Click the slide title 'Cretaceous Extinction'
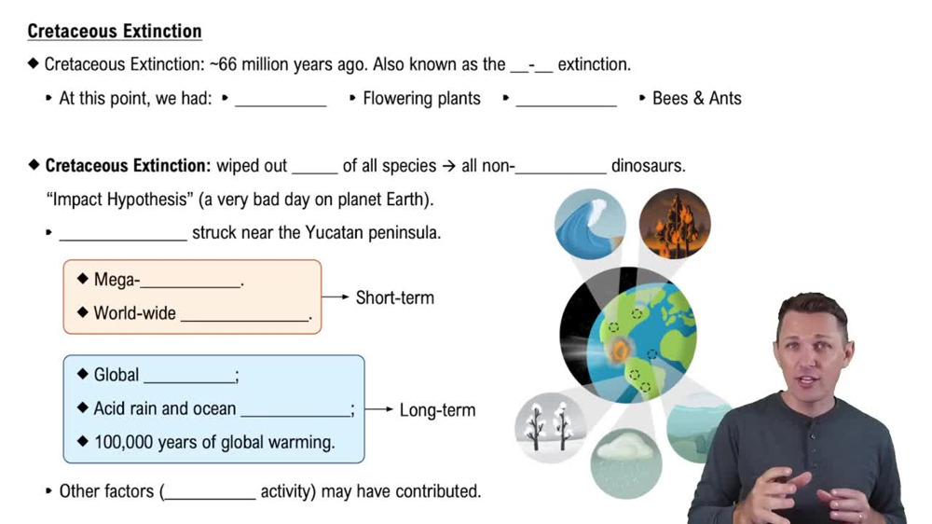click(x=115, y=31)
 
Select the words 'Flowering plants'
click(x=421, y=98)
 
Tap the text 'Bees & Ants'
click(x=696, y=98)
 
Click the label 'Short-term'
click(x=394, y=297)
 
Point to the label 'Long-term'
click(x=437, y=410)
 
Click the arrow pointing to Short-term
click(x=336, y=296)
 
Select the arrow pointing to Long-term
click(x=379, y=409)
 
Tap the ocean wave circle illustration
click(x=590, y=224)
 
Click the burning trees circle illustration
click(x=675, y=224)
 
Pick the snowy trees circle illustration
click(x=550, y=427)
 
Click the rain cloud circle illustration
click(x=626, y=463)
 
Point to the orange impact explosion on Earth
click(x=620, y=350)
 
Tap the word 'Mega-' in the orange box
click(x=117, y=280)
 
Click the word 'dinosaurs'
click(x=648, y=165)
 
